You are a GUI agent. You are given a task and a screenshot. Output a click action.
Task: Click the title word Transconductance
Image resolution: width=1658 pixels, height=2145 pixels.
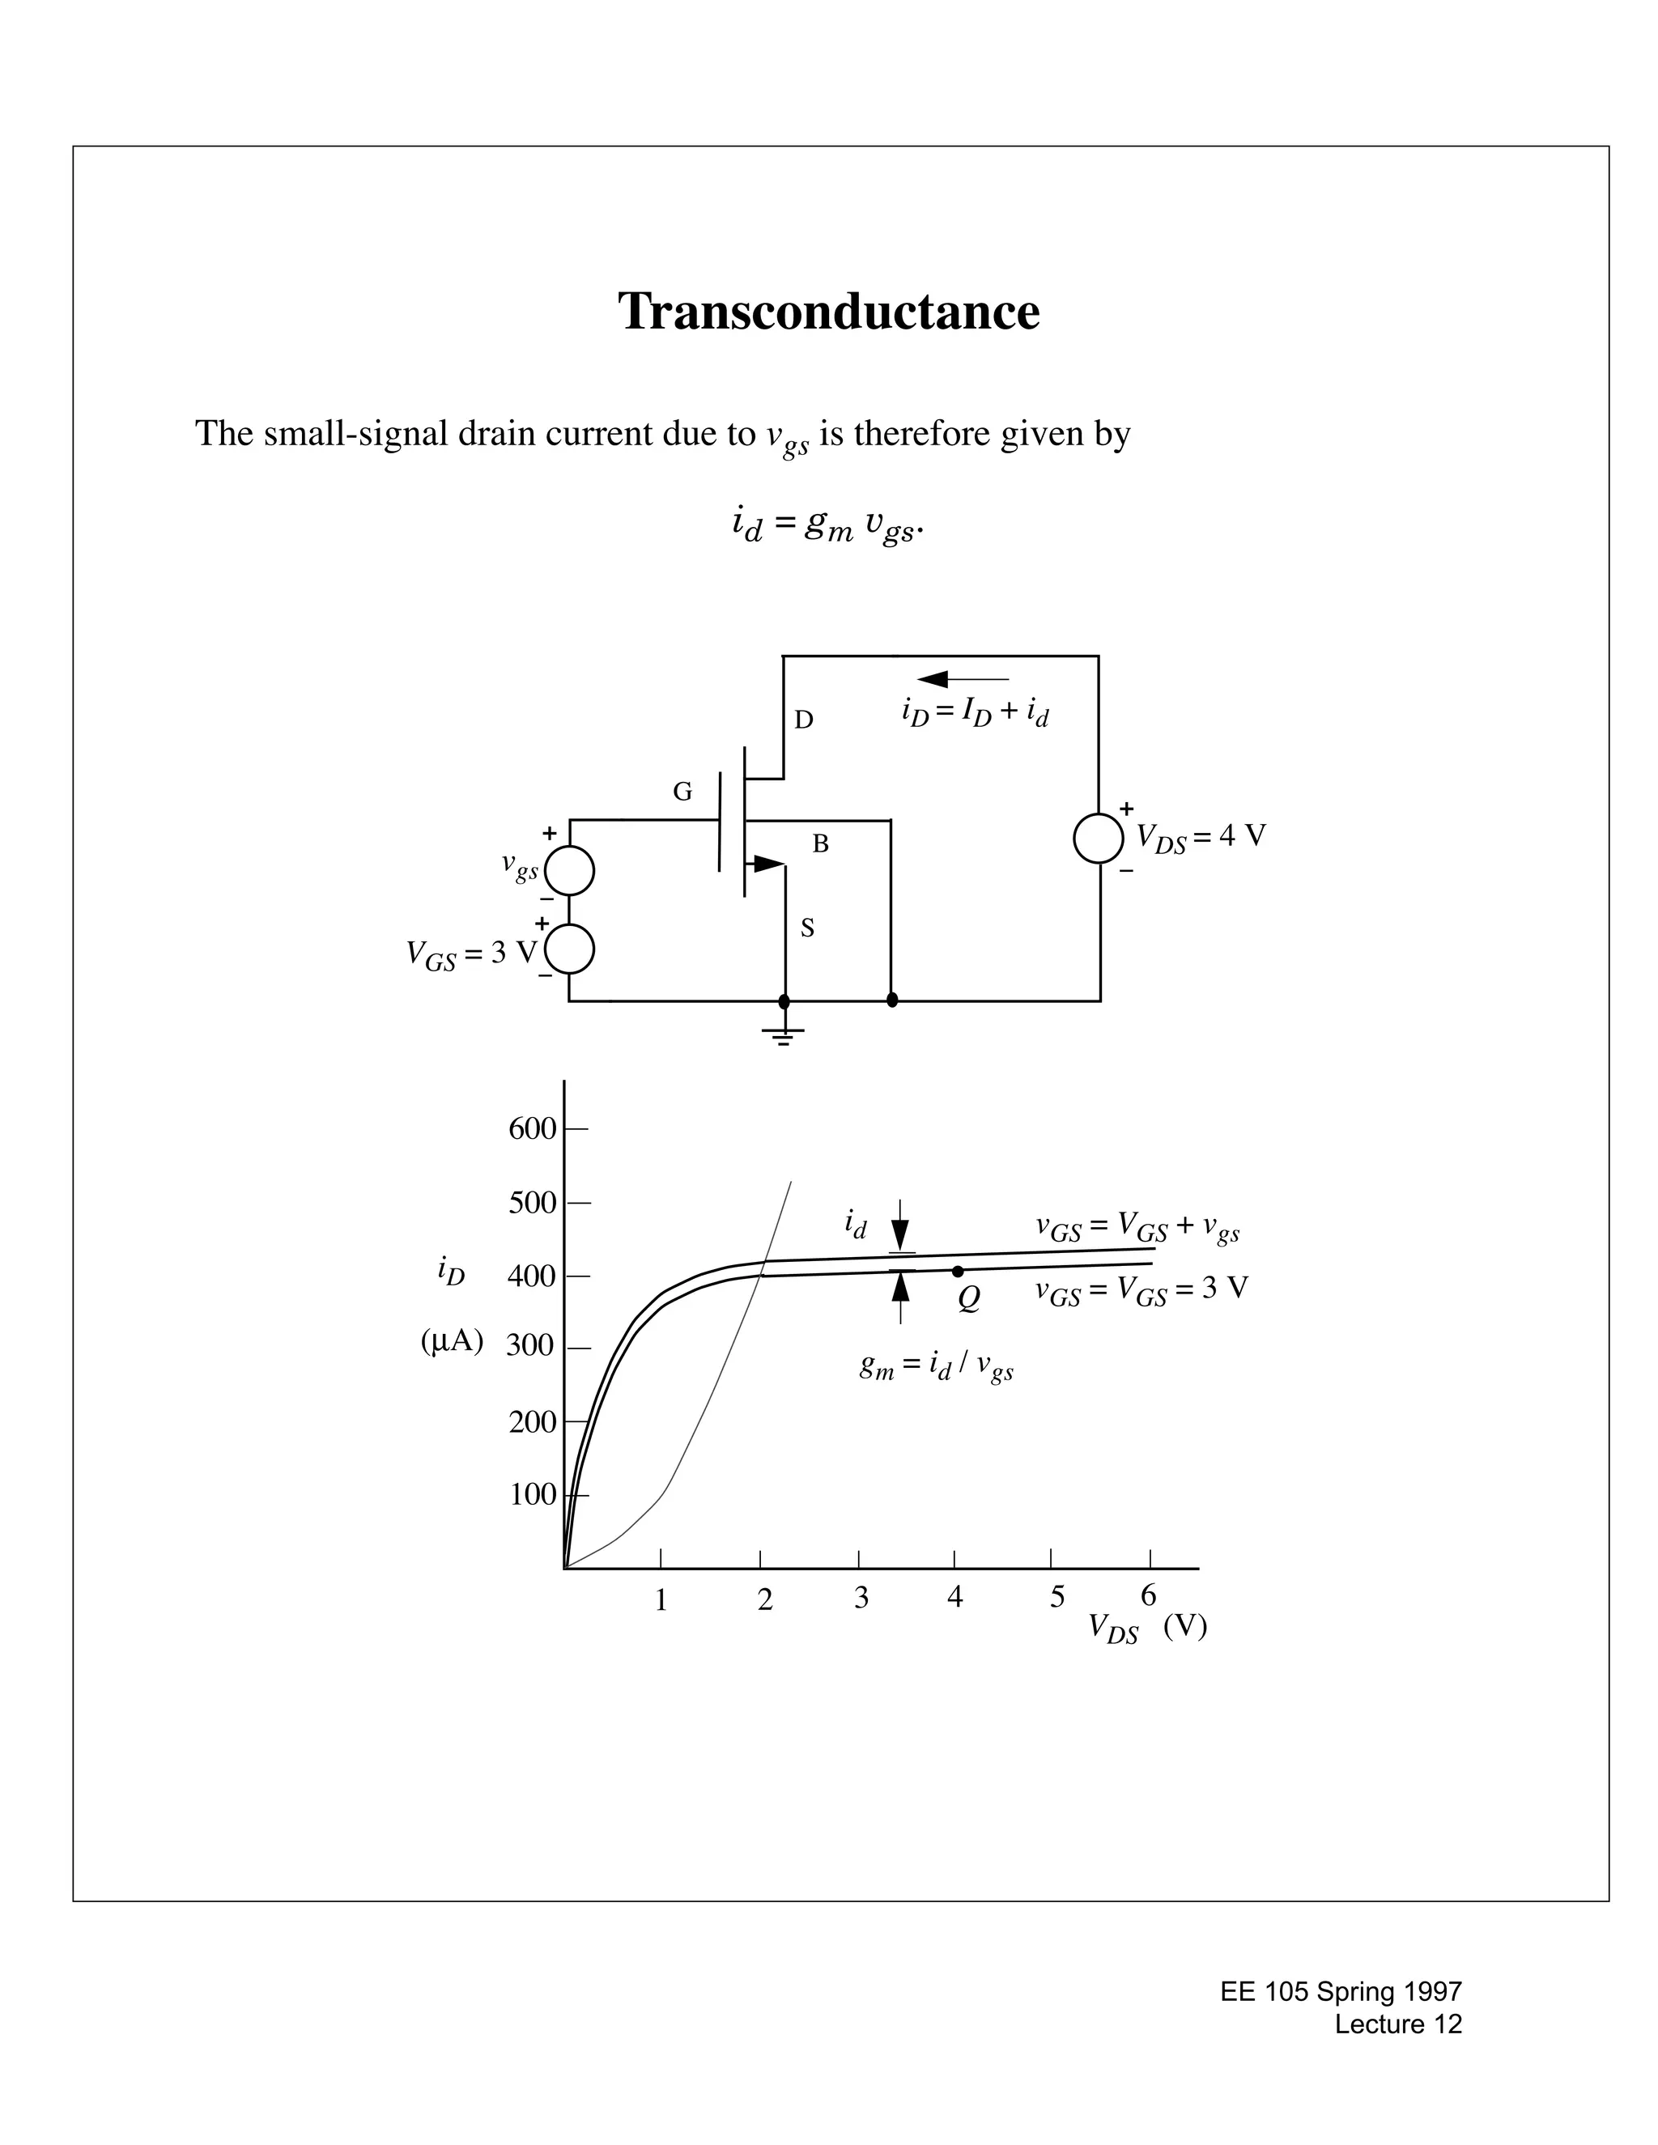(x=828, y=312)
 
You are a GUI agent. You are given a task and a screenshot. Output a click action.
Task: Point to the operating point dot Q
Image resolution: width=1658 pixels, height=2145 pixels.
(x=958, y=1271)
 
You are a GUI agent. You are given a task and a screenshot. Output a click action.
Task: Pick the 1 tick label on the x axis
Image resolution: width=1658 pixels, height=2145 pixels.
(x=661, y=1600)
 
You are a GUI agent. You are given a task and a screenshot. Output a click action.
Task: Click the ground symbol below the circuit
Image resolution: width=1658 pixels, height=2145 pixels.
(x=783, y=1034)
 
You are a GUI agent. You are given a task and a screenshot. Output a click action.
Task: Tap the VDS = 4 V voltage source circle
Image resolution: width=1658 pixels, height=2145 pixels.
(x=1098, y=839)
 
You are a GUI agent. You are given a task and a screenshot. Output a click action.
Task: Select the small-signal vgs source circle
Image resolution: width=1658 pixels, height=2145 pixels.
(x=568, y=871)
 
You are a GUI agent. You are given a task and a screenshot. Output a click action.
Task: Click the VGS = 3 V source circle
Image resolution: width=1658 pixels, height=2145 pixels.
(x=568, y=949)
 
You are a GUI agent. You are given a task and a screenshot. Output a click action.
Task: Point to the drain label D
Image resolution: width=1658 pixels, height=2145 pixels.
(x=803, y=720)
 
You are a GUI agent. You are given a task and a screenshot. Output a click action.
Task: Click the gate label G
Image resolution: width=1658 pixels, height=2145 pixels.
(x=682, y=792)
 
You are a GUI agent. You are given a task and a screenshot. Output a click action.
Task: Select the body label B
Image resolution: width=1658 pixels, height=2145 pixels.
(x=820, y=843)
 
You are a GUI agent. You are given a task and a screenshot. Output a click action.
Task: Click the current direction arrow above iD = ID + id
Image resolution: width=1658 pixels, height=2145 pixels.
(x=962, y=678)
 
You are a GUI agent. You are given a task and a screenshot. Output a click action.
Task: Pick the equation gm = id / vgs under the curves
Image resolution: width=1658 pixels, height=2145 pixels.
(x=936, y=1366)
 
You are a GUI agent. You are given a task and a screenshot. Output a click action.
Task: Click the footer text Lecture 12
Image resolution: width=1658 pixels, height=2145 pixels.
(x=1397, y=2024)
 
